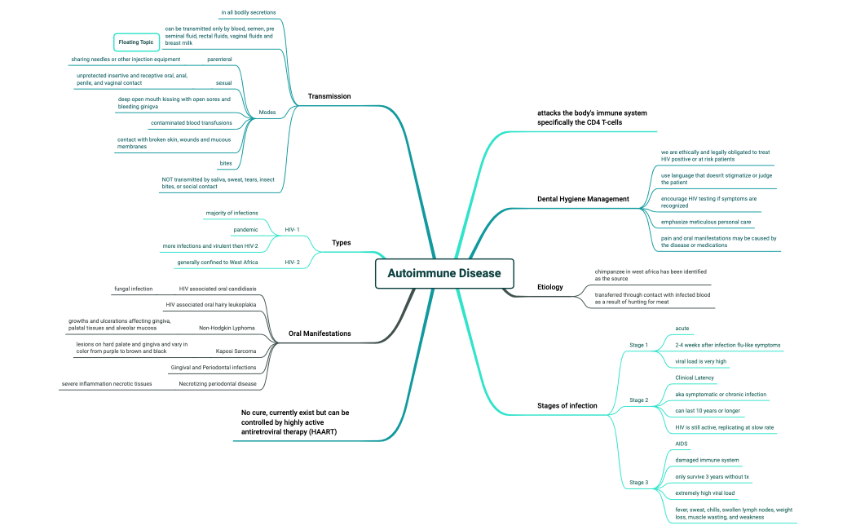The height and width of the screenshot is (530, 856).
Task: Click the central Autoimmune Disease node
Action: (x=444, y=273)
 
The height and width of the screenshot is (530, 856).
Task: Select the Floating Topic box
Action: (x=135, y=42)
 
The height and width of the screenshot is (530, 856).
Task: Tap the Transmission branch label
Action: (x=329, y=96)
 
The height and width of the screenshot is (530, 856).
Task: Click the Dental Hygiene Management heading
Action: (x=583, y=199)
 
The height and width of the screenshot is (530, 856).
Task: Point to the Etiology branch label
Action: (x=549, y=287)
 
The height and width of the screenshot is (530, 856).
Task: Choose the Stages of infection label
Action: (x=567, y=405)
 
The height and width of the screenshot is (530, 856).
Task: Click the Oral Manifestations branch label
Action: (x=320, y=333)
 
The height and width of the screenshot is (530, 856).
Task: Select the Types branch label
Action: (x=342, y=242)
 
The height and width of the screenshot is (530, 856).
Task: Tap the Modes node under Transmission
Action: (x=267, y=112)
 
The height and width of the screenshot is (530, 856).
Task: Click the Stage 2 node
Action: (x=638, y=400)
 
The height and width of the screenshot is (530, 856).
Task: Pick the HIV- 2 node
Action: (x=292, y=263)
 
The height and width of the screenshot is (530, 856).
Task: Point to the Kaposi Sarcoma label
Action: (x=236, y=351)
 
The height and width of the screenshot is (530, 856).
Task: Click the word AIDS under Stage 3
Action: (x=682, y=444)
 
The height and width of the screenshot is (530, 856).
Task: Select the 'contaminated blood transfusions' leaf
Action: (x=191, y=123)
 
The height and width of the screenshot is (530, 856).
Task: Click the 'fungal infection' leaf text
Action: (x=133, y=289)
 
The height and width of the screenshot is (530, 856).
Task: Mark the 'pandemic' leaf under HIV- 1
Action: (x=245, y=230)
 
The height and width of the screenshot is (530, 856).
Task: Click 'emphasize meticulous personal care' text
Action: (x=707, y=223)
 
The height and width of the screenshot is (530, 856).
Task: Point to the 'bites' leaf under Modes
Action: (x=226, y=164)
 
